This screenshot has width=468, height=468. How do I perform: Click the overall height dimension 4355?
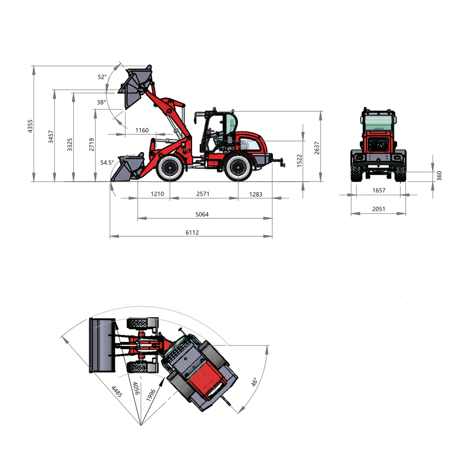click(x=30, y=126)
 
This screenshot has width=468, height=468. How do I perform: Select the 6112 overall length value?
click(x=192, y=233)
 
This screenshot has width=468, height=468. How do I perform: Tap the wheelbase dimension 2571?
click(x=203, y=194)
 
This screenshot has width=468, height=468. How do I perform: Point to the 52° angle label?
click(x=102, y=77)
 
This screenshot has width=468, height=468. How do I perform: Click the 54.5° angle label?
click(x=107, y=162)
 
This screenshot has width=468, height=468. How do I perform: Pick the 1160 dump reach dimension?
click(x=142, y=130)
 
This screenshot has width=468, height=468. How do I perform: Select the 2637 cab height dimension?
click(x=317, y=148)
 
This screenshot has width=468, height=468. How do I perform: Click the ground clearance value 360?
click(x=439, y=176)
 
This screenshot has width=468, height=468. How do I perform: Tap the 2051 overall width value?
click(x=378, y=209)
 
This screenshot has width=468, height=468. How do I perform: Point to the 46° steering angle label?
click(x=254, y=382)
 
